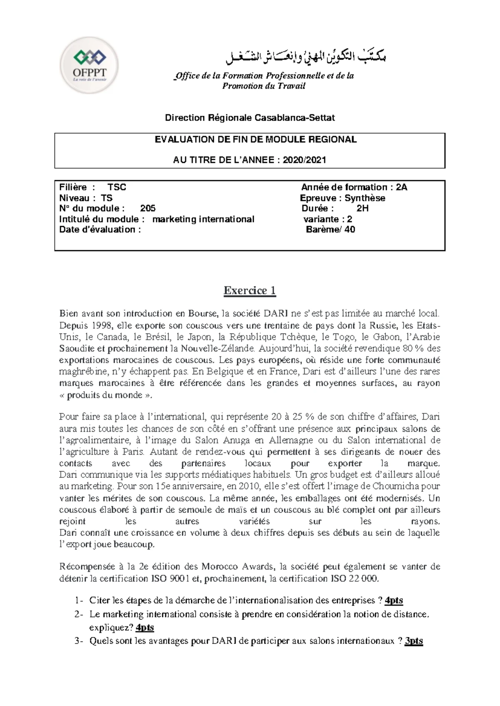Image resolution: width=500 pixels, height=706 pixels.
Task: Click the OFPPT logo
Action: pyautogui.click(x=89, y=66)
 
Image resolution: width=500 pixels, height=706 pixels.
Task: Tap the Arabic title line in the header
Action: pyautogui.click(x=306, y=58)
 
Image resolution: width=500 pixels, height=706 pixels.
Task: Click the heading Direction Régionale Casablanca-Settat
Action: pyautogui.click(x=250, y=118)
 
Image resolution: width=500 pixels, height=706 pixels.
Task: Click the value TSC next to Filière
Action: pyautogui.click(x=117, y=187)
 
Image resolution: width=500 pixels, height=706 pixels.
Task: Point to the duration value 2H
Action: pyautogui.click(x=362, y=209)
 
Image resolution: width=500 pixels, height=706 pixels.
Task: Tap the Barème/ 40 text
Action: pyautogui.click(x=330, y=229)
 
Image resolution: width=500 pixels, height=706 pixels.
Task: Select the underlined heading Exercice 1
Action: pyautogui.click(x=250, y=290)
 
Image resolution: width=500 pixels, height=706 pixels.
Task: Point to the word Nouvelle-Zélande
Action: pyautogui.click(x=217, y=348)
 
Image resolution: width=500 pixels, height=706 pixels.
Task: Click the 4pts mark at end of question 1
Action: pyautogui.click(x=394, y=600)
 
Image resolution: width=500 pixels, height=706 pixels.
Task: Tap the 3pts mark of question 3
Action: pyautogui.click(x=414, y=641)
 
